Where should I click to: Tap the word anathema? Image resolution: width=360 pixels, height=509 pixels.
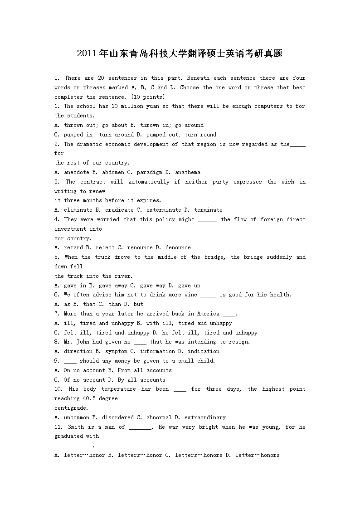(x=188, y=172)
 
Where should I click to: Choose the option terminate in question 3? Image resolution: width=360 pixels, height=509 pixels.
(x=208, y=210)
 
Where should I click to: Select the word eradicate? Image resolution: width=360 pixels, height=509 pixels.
(x=119, y=210)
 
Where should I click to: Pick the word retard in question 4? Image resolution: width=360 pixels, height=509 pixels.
(x=73, y=247)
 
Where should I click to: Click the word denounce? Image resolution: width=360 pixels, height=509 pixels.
(x=178, y=247)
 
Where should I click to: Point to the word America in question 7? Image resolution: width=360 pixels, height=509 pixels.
(x=208, y=314)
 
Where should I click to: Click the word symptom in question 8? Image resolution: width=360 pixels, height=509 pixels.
(x=116, y=351)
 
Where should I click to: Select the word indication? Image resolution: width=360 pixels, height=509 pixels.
(x=204, y=351)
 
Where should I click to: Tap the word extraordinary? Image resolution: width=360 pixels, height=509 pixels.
(x=205, y=417)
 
